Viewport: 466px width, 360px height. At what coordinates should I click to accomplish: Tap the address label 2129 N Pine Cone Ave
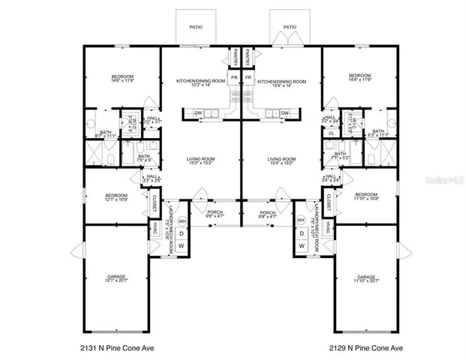click(365, 347)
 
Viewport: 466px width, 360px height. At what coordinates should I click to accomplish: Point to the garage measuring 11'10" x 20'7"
click(365, 280)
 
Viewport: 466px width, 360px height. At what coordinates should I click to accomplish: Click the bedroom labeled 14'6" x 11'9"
click(122, 78)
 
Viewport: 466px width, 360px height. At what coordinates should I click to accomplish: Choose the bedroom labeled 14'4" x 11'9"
click(359, 78)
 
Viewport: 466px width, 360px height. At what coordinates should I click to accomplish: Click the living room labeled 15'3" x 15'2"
click(201, 161)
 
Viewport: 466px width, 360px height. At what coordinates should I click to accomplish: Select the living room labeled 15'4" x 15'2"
click(281, 161)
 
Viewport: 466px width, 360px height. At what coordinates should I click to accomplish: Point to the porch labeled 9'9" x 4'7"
click(267, 215)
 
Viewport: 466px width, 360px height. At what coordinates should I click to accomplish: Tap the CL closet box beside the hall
click(331, 133)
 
